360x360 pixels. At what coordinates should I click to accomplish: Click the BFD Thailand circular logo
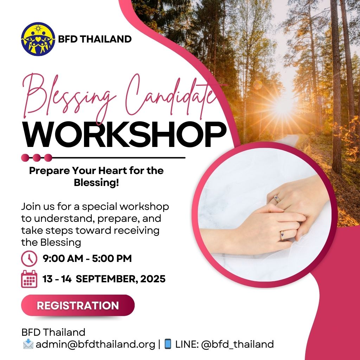pos(38,39)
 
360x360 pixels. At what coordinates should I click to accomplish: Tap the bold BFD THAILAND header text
pos(95,39)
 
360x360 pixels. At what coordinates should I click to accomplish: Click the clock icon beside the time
pos(29,258)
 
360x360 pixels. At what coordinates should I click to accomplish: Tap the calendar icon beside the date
pos(29,279)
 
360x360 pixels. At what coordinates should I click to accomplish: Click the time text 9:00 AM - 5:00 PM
pos(87,258)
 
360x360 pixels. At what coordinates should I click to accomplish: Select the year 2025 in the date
pos(153,279)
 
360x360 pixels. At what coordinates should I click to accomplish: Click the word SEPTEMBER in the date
pos(107,279)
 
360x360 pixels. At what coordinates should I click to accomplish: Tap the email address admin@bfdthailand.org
pos(96,345)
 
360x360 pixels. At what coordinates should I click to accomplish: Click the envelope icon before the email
pos(28,344)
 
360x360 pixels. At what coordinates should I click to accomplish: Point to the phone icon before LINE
pos(168,344)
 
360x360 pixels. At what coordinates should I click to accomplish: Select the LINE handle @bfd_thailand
pos(237,345)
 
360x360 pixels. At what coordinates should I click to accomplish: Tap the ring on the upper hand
pos(277,199)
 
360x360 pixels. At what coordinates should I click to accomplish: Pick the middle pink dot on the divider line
pos(37,158)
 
